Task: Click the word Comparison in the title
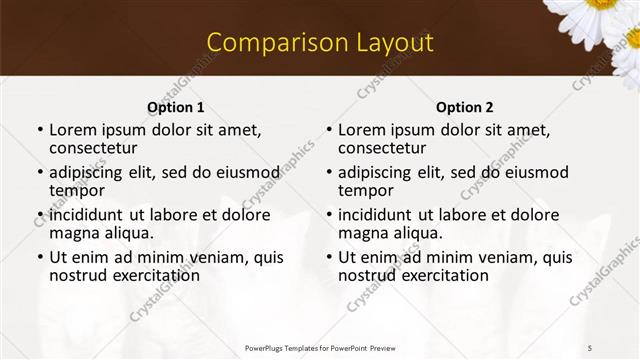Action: point(267,42)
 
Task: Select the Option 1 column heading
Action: point(176,107)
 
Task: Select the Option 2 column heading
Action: point(465,107)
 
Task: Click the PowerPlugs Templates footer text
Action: point(320,347)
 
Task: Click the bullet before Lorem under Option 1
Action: point(40,131)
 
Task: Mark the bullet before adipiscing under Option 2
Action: point(329,173)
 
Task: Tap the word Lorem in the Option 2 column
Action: point(363,130)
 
